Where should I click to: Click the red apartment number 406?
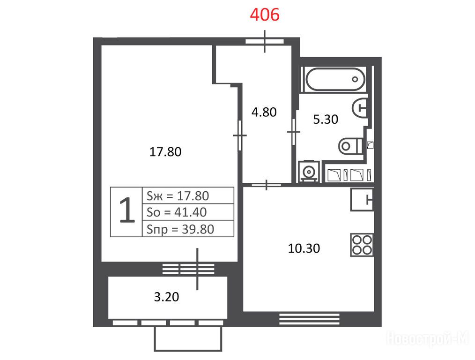(x=265, y=15)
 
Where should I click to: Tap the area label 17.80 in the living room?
(x=165, y=151)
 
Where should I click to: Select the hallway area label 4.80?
(x=264, y=112)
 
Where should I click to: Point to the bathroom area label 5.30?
(x=326, y=119)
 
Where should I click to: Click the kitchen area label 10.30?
(x=304, y=248)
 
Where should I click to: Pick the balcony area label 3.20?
(x=166, y=297)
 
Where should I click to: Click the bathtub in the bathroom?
(x=335, y=79)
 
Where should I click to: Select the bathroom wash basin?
(x=360, y=107)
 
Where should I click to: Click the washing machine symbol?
(x=309, y=172)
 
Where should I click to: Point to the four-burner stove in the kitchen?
(x=362, y=245)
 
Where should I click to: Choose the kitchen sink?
(x=362, y=199)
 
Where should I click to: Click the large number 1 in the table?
(x=127, y=210)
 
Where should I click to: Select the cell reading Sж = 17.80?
(x=188, y=196)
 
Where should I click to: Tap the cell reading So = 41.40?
(x=188, y=212)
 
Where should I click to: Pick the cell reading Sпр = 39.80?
(x=188, y=229)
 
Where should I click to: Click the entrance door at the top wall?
(x=265, y=42)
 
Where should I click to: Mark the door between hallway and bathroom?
(x=293, y=132)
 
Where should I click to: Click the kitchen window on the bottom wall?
(x=309, y=319)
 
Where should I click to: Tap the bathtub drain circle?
(x=355, y=79)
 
